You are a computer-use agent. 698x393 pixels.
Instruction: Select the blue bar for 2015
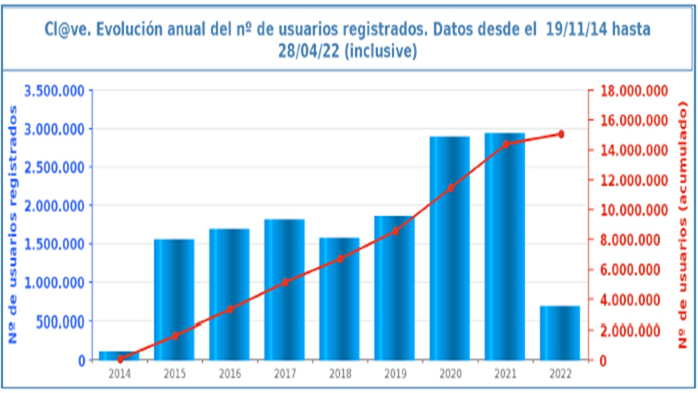174,300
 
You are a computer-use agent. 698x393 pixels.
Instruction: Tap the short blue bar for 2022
560,333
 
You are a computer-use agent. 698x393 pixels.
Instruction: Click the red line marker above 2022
561,134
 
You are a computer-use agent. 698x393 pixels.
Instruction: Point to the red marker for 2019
395,231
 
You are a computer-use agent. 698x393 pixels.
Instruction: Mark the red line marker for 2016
230,309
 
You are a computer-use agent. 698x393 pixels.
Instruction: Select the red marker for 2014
119,359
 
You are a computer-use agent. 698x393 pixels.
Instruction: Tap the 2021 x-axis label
505,374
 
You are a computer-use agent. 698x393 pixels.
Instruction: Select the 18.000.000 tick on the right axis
634,91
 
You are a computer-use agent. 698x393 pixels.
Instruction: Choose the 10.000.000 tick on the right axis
634,210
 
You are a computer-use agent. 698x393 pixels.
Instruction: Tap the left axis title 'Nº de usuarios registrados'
14,224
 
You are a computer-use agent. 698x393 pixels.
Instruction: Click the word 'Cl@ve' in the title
66,29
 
